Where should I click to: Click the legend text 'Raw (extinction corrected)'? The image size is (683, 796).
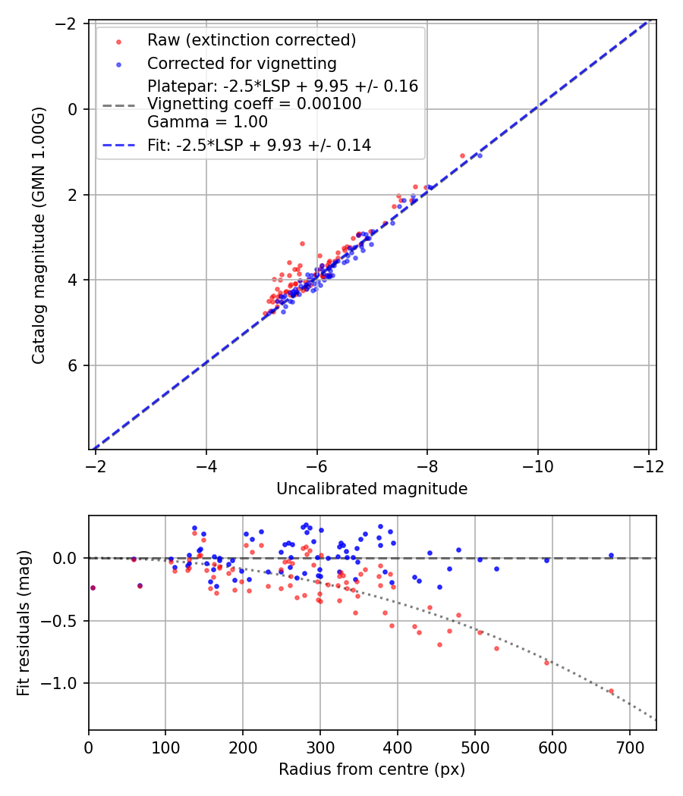[251, 40]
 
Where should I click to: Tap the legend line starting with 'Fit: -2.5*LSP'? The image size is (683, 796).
[259, 146]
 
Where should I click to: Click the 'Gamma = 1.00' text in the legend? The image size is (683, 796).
[207, 122]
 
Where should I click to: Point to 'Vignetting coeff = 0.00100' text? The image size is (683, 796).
[254, 104]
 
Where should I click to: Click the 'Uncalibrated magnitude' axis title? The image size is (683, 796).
[372, 489]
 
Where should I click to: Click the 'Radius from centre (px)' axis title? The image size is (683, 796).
[372, 769]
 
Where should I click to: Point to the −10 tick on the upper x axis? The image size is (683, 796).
[537, 465]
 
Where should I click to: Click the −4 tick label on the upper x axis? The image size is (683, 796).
[206, 465]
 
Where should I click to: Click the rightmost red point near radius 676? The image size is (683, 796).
[611, 691]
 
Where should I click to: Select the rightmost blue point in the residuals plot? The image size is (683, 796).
[611, 555]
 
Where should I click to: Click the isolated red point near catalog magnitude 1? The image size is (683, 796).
[462, 155]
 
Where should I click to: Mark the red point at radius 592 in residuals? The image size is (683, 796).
[546, 663]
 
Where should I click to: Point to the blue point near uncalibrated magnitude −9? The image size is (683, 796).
[480, 155]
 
